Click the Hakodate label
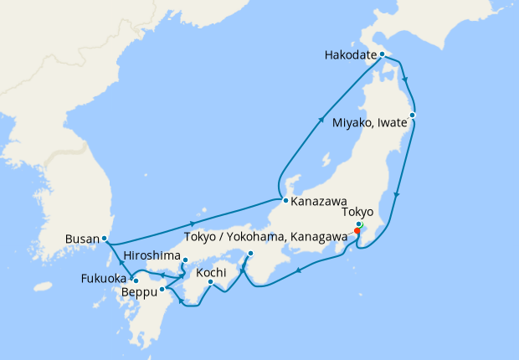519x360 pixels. coord(350,57)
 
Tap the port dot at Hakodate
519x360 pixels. coord(382,54)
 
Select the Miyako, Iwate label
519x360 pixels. coord(367,123)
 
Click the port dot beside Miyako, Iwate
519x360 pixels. coord(413,115)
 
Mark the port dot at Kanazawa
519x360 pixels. coord(285,201)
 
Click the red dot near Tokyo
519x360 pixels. coord(357,232)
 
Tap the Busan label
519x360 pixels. coord(81,239)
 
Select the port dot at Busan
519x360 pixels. coord(104,239)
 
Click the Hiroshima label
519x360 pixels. coord(151,255)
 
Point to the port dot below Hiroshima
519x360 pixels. coord(185,260)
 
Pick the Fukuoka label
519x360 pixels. coord(104,278)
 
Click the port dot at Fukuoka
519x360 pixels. coord(134,280)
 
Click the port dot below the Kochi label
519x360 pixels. coord(210,282)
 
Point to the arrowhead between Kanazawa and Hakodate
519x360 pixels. coord(323,120)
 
